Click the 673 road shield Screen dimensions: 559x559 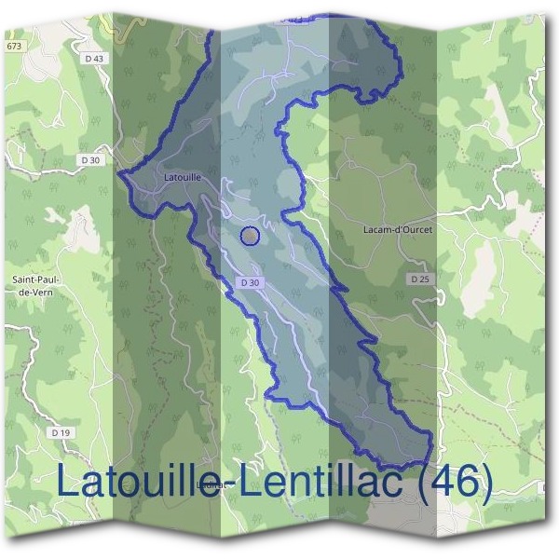[x=13, y=46]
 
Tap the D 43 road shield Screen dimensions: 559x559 [x=93, y=58]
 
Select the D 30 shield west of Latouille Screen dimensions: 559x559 [x=90, y=159]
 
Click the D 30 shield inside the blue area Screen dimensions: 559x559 [x=248, y=282]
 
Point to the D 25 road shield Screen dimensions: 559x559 [x=418, y=279]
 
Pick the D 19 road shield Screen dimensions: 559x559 [x=61, y=432]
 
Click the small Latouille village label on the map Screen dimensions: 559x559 [x=183, y=175]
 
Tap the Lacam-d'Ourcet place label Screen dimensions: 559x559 [x=397, y=229]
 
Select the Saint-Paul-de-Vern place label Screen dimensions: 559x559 [x=34, y=285]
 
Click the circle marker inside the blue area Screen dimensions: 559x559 [x=250, y=236]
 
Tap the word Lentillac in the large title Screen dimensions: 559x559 [x=316, y=482]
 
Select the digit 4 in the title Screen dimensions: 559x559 [x=435, y=482]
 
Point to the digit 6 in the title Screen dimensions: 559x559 [x=462, y=482]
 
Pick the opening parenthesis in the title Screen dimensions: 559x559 [x=413, y=483]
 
